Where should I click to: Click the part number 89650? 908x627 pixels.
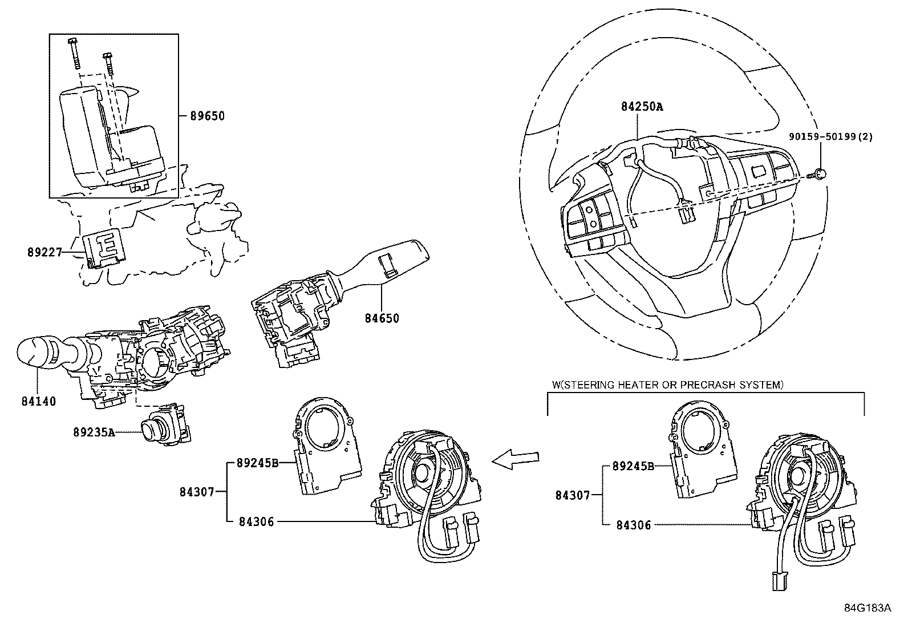point(208,116)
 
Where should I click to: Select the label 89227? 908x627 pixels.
point(44,252)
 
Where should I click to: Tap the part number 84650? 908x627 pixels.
point(382,318)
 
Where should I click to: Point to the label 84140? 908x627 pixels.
point(39,401)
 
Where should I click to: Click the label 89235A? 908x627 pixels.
point(94,432)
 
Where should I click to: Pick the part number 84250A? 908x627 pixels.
point(642,107)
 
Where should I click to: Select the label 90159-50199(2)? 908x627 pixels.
point(831,137)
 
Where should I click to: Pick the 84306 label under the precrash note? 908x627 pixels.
point(633,525)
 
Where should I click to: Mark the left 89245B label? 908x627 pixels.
point(257,463)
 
